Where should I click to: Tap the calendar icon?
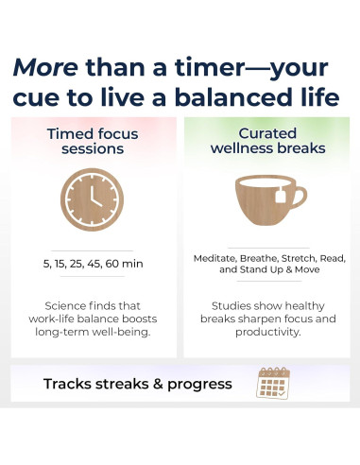click(x=273, y=383)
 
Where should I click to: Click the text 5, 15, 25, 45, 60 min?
click(x=92, y=264)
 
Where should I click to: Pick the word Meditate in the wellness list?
click(x=216, y=257)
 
